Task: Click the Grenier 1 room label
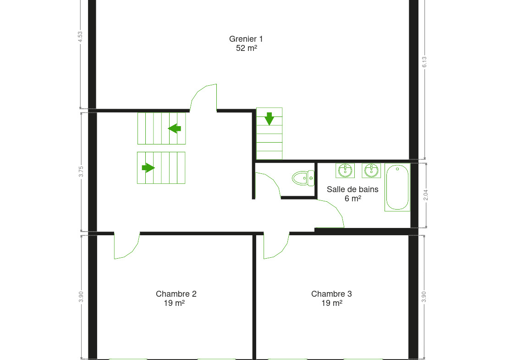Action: coord(246,39)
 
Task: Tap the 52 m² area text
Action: coord(246,48)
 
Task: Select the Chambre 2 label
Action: coord(176,294)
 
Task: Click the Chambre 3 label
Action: coord(331,294)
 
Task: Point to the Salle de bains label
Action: coord(352,189)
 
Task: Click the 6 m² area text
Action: coord(353,198)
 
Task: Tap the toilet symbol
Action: coord(303,178)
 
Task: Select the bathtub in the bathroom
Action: coord(397,187)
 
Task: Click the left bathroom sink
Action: coord(345,171)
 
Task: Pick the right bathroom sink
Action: coord(371,171)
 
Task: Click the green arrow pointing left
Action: coord(175,128)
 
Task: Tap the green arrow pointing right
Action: coord(148,168)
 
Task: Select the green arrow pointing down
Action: coord(269,119)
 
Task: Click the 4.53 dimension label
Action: coord(80,37)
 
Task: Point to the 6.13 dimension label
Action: coord(424,62)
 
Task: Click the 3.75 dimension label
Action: coord(81,172)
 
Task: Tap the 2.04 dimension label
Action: coord(425,195)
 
